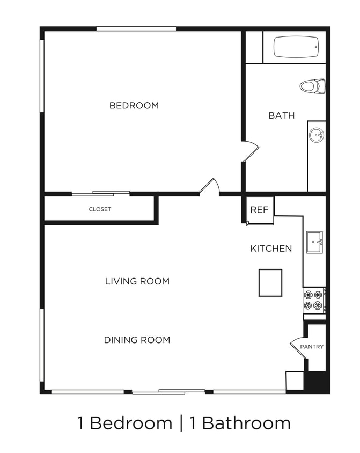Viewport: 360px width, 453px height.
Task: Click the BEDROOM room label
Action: [x=134, y=105]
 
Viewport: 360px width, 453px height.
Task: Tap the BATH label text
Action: [x=281, y=115]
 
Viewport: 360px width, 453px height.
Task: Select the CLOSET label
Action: [x=100, y=209]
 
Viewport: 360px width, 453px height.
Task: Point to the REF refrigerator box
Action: [x=260, y=209]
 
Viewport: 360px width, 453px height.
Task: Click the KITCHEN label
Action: [x=271, y=248]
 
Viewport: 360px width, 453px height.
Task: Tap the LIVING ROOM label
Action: [x=137, y=281]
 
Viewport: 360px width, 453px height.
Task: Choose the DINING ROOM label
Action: [x=137, y=340]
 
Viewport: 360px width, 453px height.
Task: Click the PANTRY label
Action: [x=312, y=347]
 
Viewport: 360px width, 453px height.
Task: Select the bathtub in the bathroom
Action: [x=296, y=47]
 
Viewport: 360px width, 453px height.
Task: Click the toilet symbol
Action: [x=312, y=86]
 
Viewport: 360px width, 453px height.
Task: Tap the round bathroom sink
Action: [x=317, y=135]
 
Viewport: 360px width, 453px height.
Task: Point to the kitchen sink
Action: [x=314, y=242]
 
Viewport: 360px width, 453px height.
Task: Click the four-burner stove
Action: [x=314, y=300]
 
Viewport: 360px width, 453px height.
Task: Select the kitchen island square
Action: [x=270, y=282]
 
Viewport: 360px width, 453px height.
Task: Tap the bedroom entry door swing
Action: [x=210, y=186]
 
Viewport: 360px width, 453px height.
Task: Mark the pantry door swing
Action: [x=297, y=347]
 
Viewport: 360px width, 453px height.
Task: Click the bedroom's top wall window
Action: [x=136, y=28]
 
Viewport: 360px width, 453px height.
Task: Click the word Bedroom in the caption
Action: [x=131, y=423]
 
